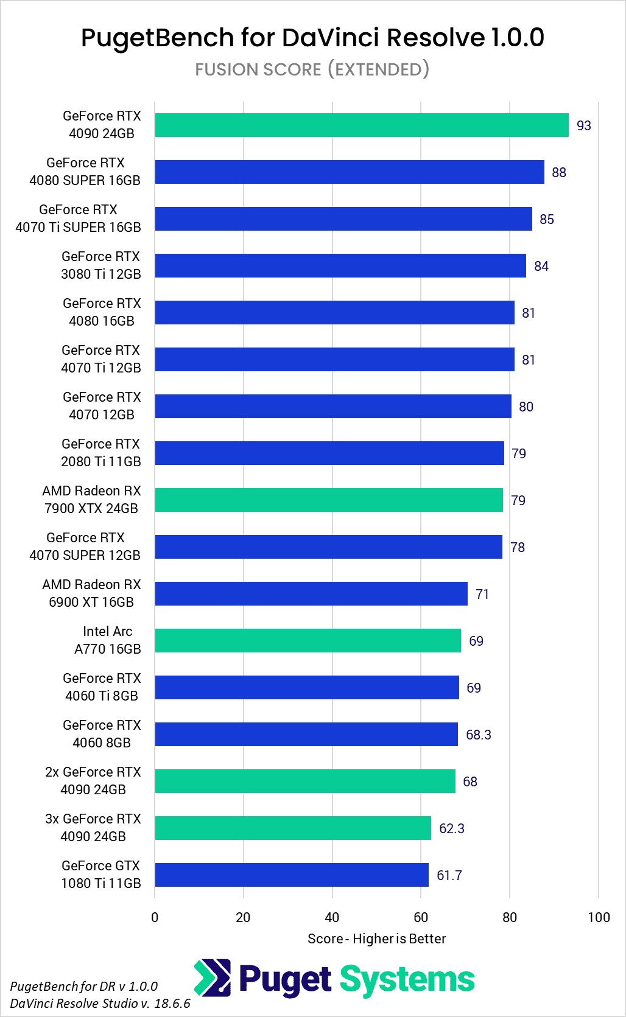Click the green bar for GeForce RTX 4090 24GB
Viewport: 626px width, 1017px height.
[361, 125]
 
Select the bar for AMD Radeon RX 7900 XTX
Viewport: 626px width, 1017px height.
[329, 500]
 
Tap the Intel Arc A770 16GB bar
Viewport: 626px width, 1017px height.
[308, 640]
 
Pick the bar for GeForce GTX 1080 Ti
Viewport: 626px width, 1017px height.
[292, 875]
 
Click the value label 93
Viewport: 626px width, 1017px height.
[583, 125]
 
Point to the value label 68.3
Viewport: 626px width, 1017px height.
[478, 735]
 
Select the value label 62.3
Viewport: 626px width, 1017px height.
[451, 828]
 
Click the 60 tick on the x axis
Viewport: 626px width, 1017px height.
[421, 917]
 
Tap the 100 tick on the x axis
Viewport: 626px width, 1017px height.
[599, 917]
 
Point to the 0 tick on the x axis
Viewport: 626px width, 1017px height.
[155, 917]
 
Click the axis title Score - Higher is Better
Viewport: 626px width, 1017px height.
[376, 938]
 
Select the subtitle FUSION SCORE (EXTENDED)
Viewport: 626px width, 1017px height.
[312, 69]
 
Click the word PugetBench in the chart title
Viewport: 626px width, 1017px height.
[157, 38]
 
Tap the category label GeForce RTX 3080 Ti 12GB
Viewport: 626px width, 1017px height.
[101, 265]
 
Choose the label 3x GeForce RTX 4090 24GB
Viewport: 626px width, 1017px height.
[93, 828]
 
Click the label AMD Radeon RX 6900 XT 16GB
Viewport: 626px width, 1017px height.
[92, 593]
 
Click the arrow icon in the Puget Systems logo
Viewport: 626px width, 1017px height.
[213, 977]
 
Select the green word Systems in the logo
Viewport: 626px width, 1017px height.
[407, 980]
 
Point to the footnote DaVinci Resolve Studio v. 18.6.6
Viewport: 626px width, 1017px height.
[100, 1003]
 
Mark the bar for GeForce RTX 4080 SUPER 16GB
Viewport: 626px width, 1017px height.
[349, 172]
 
